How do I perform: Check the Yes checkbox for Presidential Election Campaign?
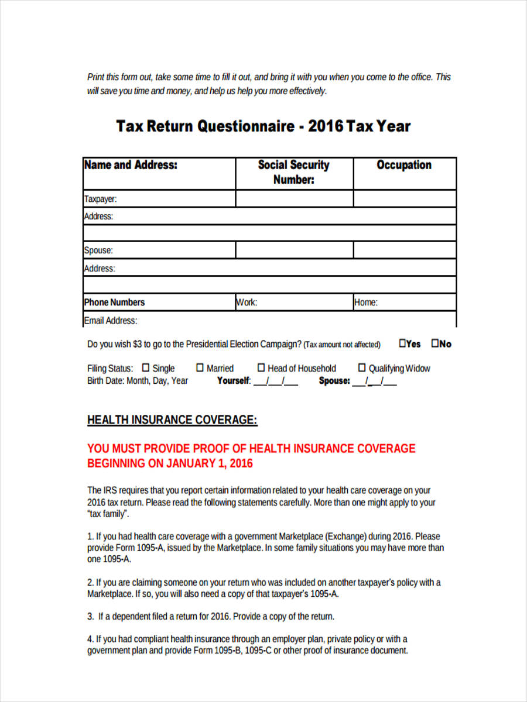(x=403, y=343)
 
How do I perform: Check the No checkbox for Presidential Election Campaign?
(x=435, y=343)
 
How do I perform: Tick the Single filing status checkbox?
(x=146, y=368)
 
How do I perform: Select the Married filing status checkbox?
(x=200, y=368)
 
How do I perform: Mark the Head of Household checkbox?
(x=261, y=368)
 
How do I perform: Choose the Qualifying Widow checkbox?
(x=362, y=368)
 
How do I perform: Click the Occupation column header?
(x=404, y=166)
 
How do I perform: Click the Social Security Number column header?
(x=294, y=173)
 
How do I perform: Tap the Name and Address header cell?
(x=131, y=166)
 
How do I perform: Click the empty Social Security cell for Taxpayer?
(x=294, y=199)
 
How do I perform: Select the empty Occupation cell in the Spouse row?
(x=404, y=250)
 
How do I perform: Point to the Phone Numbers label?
(x=114, y=302)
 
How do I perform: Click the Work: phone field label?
(x=247, y=302)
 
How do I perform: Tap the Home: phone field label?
(x=365, y=302)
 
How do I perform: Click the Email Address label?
(x=111, y=321)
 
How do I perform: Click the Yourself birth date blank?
(x=275, y=381)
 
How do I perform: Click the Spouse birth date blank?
(x=375, y=381)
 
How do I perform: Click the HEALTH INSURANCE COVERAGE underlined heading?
(x=172, y=420)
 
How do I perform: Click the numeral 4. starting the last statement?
(x=91, y=639)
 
